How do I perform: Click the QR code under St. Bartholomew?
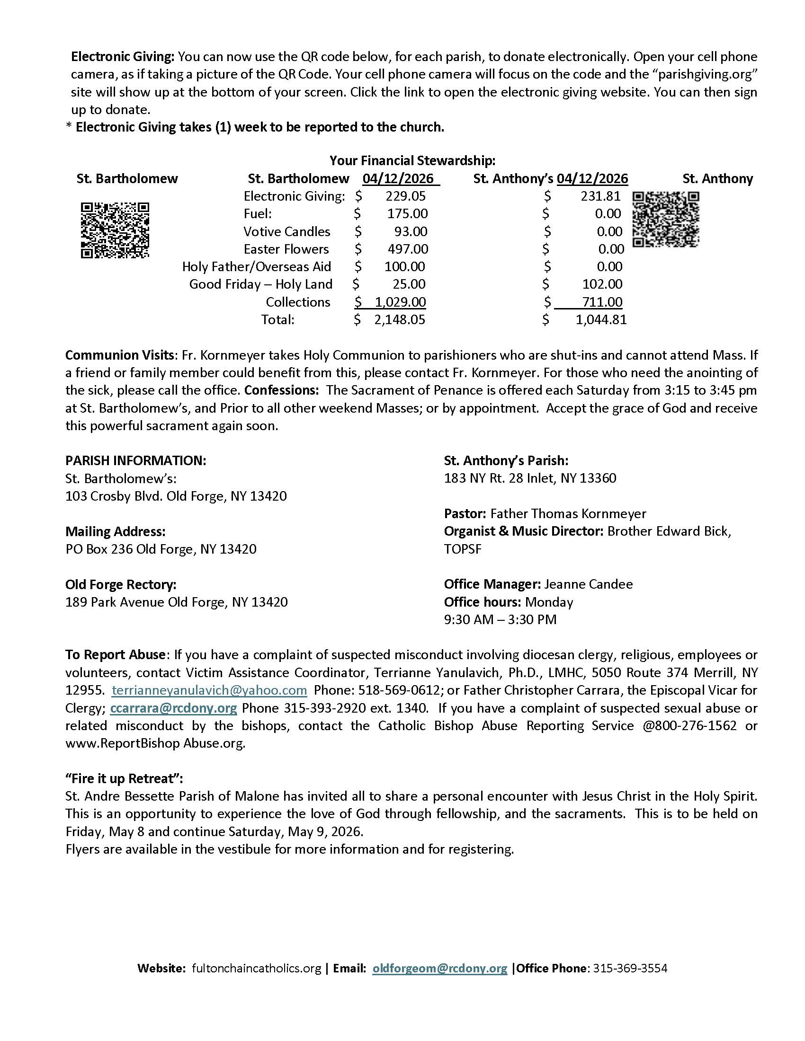(115, 230)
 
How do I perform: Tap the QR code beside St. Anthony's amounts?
(666, 219)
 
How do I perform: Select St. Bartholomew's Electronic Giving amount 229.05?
(405, 196)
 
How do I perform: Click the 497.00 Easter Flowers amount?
(408, 249)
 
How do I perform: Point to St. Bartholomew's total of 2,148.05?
(400, 319)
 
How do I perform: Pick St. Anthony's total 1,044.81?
(601, 319)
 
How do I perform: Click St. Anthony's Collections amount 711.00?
(602, 302)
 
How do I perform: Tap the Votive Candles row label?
(286, 232)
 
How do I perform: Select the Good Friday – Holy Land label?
(260, 284)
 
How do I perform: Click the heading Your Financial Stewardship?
(412, 160)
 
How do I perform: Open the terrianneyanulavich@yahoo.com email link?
(209, 690)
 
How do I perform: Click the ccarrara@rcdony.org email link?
(174, 708)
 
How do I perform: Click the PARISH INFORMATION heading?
(136, 460)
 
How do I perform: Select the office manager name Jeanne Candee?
(589, 584)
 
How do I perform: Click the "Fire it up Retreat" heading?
(124, 778)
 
